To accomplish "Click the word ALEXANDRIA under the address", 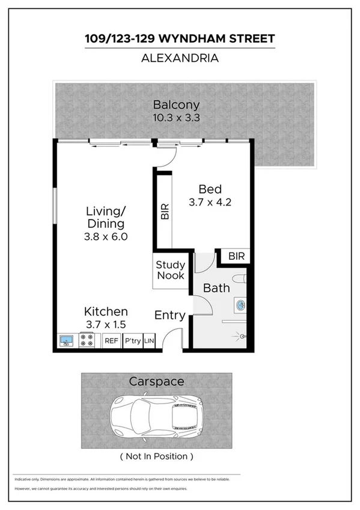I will point(180,58).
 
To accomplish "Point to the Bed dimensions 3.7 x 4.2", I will point(211,202).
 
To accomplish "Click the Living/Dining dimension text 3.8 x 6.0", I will point(106,236).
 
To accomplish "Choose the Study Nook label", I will point(171,270).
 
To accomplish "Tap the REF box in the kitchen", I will point(111,341).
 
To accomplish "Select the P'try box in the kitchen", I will point(132,341).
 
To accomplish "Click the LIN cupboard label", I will point(149,341).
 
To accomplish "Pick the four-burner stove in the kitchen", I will point(87,341).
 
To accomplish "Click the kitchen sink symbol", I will point(66,341).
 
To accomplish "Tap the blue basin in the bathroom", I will point(240,305).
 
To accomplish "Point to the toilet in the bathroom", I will point(240,278).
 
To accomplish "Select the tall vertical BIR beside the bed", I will point(164,212).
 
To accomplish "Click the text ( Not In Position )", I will point(156,456).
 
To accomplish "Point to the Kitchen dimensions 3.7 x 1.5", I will point(106,325).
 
